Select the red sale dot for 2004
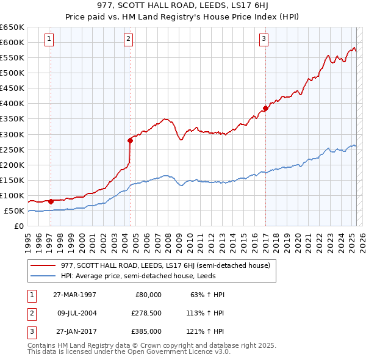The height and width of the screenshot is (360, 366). click(131, 140)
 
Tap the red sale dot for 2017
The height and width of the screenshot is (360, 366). click(265, 109)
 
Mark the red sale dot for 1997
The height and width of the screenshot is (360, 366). click(51, 201)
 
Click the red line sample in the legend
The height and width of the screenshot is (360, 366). click(43, 265)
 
